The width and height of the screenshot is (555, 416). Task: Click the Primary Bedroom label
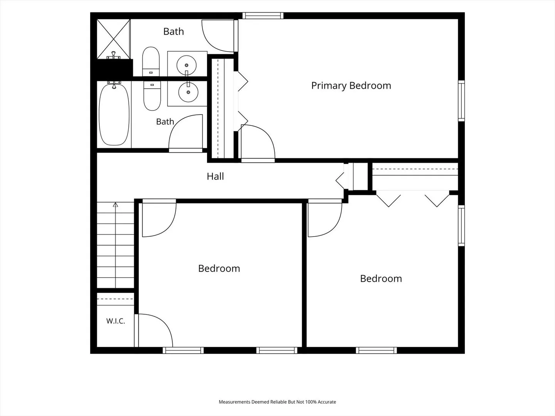[x=351, y=86]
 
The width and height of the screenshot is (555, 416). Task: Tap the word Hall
[x=215, y=176]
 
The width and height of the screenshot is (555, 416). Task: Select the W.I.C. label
[x=116, y=321]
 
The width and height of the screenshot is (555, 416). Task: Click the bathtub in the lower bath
[x=114, y=114]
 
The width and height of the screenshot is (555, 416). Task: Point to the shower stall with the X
[x=114, y=39]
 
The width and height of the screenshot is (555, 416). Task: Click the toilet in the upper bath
[x=151, y=61]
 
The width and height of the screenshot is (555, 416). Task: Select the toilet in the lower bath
[x=152, y=96]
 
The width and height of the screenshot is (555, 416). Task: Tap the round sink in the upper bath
[x=186, y=65]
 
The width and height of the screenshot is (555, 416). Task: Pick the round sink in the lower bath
[x=188, y=92]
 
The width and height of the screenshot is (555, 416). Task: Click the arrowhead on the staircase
[x=115, y=205]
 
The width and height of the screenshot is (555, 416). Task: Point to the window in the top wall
[x=263, y=16]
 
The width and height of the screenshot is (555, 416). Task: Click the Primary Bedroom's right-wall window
[x=461, y=101]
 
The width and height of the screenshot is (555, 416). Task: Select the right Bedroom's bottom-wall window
[x=376, y=351]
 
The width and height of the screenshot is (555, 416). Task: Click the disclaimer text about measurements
[x=277, y=402]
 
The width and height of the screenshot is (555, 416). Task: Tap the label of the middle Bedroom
[x=219, y=268]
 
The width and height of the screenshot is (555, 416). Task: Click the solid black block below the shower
[x=114, y=68]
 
